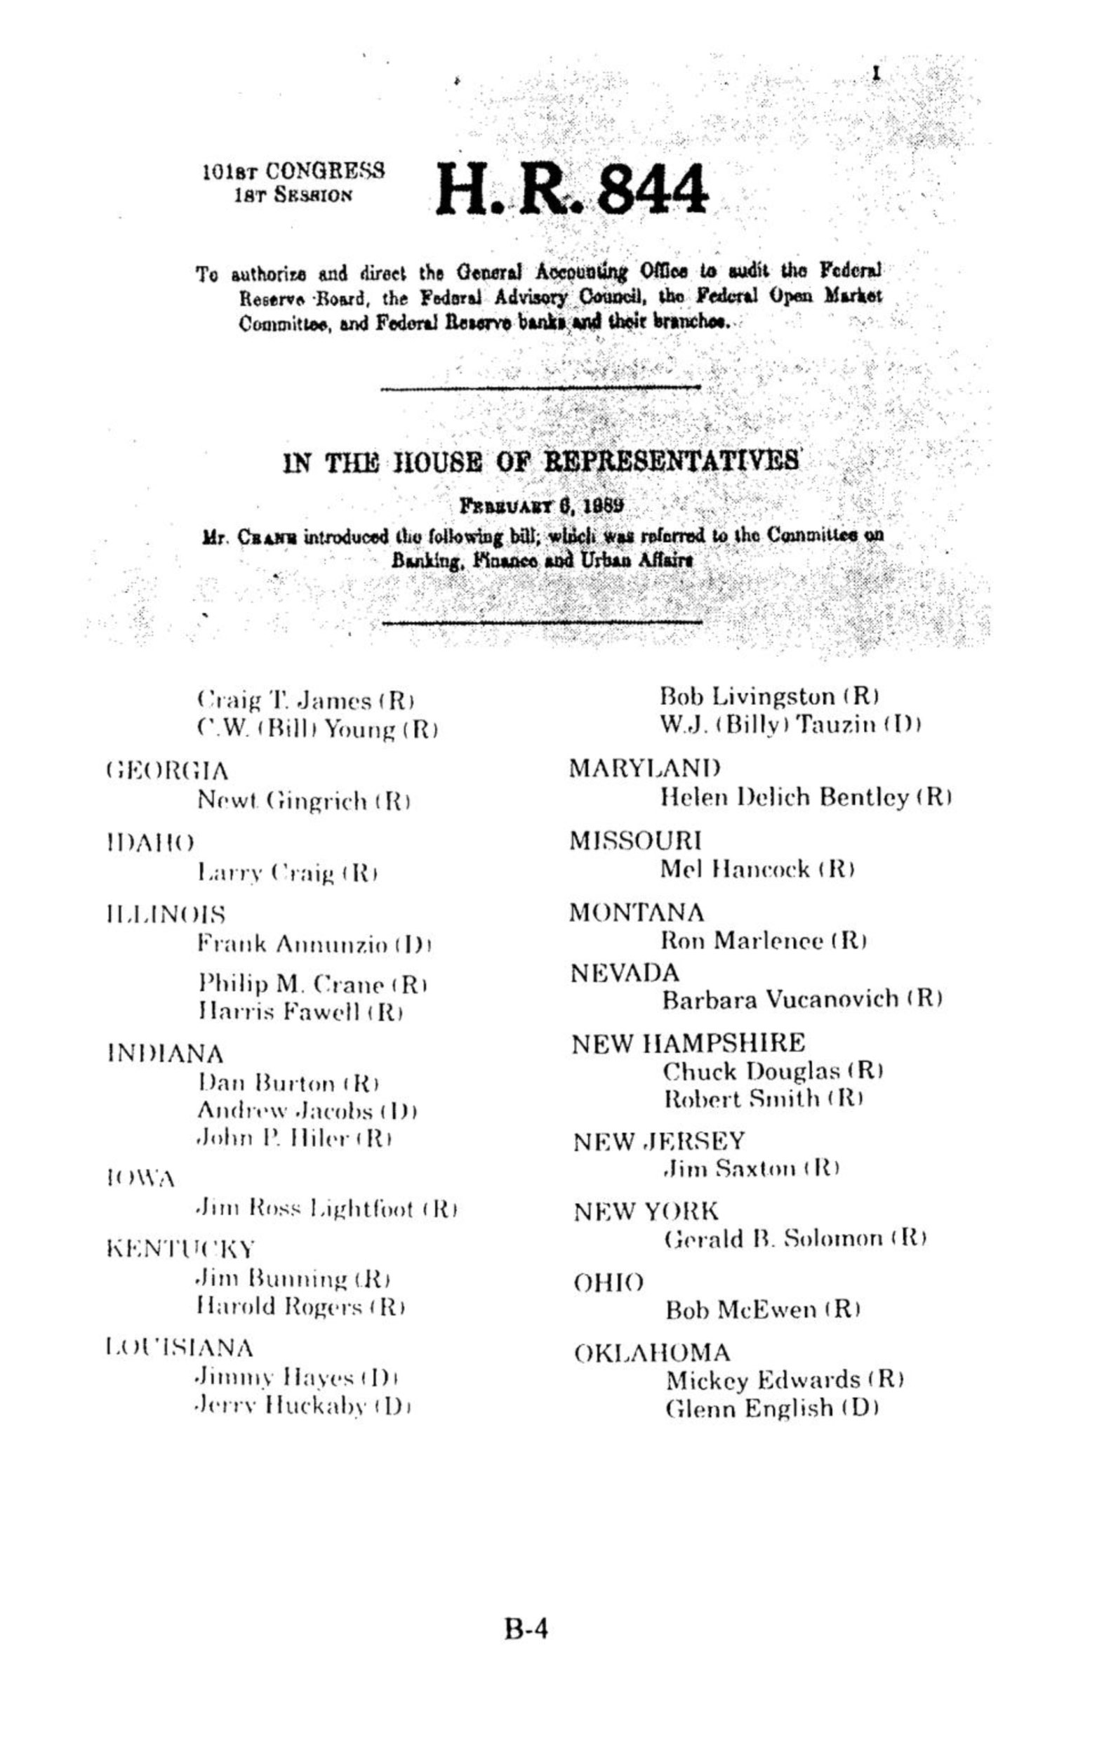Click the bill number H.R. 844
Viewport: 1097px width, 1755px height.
pyautogui.click(x=571, y=190)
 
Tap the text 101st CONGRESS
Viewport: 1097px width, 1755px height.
pyautogui.click(x=293, y=172)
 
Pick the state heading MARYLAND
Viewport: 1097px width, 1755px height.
pyautogui.click(x=645, y=767)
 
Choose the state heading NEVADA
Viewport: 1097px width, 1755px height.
pyautogui.click(x=625, y=972)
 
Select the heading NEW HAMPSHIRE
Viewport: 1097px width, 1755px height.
pyautogui.click(x=688, y=1043)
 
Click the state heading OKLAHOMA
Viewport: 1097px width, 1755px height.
pyautogui.click(x=652, y=1352)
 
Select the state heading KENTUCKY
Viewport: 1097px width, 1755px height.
pyautogui.click(x=180, y=1250)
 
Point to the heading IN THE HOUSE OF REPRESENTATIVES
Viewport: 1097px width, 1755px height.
pyautogui.click(x=541, y=461)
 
